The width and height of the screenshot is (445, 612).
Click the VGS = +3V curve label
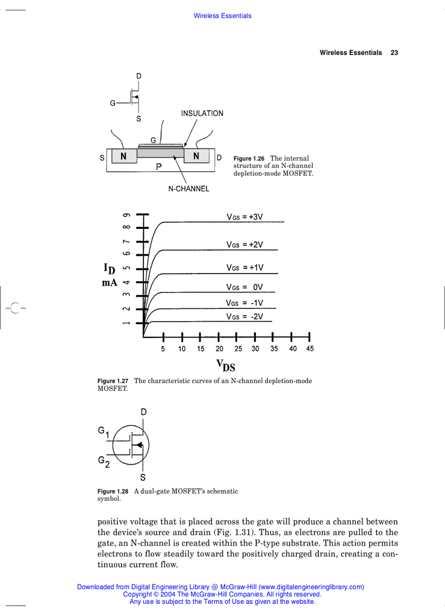coord(245,217)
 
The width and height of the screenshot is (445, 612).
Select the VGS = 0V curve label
coord(245,287)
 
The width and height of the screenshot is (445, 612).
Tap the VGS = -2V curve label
coord(245,317)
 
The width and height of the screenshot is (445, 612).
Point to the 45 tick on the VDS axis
coord(309,349)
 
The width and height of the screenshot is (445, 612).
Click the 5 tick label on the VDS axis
coord(163,349)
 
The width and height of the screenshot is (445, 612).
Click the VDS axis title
coord(226,365)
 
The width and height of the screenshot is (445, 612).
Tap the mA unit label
coord(110,283)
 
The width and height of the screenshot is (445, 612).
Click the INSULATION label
coord(202,113)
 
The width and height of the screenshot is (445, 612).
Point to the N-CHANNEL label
coord(188,189)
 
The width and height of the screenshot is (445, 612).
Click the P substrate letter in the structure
coord(158,167)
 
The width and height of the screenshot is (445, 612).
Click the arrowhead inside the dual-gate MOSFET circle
coord(139,445)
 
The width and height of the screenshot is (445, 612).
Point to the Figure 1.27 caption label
coord(113,381)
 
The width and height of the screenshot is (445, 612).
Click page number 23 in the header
coord(394,53)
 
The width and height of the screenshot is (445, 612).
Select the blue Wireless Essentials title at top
coord(222,16)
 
